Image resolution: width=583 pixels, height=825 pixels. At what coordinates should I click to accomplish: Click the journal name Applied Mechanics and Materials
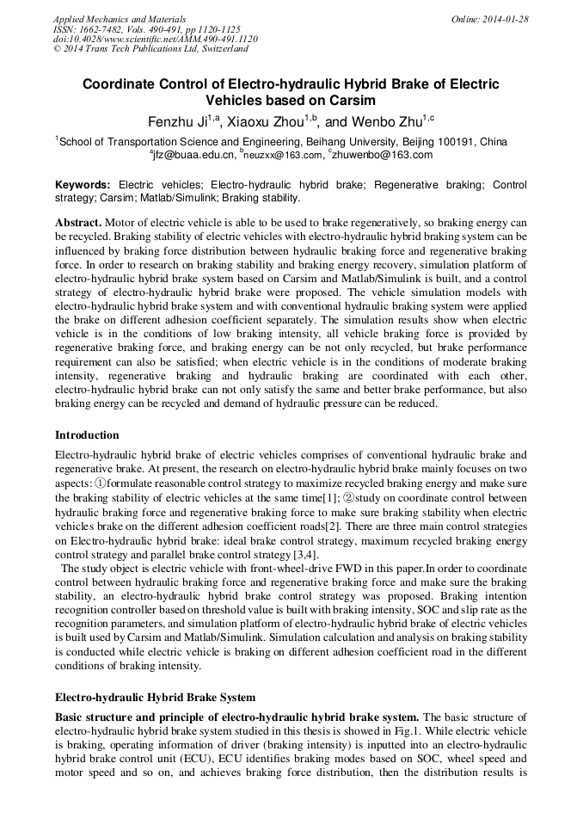pyautogui.click(x=119, y=18)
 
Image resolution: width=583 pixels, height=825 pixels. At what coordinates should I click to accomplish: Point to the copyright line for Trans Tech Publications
pyautogui.click(x=150, y=49)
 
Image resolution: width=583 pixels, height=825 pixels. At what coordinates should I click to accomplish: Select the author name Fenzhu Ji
pyautogui.click(x=179, y=122)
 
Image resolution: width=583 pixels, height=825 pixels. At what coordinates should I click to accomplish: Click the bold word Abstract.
pyautogui.click(x=78, y=221)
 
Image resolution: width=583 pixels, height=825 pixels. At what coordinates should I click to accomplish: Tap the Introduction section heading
pyautogui.click(x=87, y=434)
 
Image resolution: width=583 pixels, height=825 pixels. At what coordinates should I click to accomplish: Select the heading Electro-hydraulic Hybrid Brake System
pyautogui.click(x=155, y=697)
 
